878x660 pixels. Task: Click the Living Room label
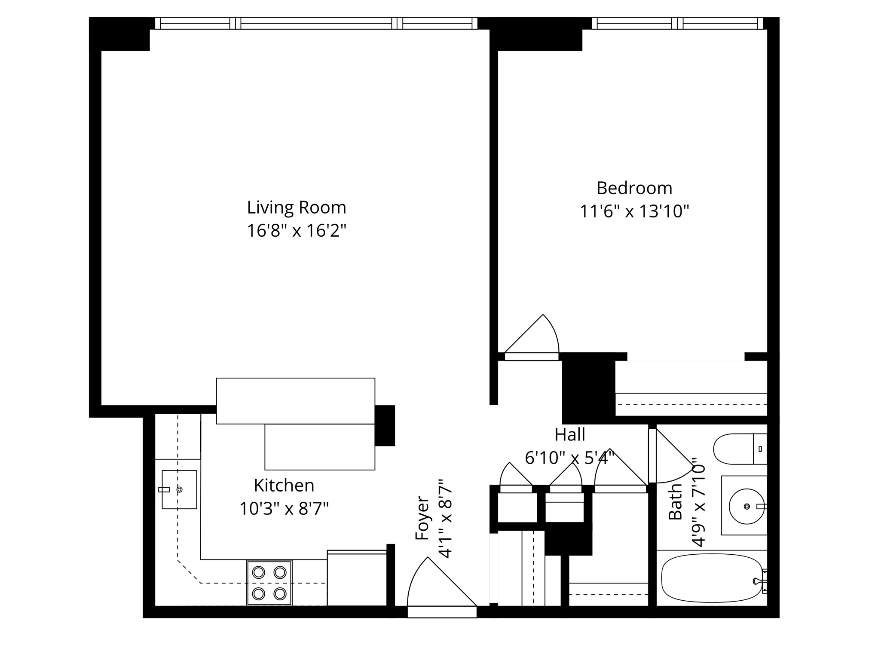click(x=296, y=208)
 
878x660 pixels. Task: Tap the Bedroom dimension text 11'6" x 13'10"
click(x=634, y=211)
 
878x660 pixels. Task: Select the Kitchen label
click(x=284, y=486)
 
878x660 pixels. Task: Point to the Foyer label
click(x=422, y=518)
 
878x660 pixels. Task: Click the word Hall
click(x=569, y=435)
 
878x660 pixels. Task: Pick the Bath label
click(x=676, y=501)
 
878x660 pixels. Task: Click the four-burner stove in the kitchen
click(x=269, y=583)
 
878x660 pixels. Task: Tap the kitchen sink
click(x=179, y=489)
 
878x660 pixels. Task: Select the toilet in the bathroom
click(x=739, y=449)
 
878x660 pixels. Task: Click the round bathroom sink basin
click(x=746, y=506)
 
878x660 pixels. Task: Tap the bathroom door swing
click(x=673, y=458)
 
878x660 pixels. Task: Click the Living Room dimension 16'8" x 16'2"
click(x=296, y=231)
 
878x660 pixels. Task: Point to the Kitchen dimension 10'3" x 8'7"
click(x=284, y=509)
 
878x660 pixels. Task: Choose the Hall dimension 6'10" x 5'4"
click(x=569, y=458)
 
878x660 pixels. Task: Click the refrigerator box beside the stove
click(x=357, y=578)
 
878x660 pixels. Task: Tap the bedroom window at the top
click(x=677, y=23)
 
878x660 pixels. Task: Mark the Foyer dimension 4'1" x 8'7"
click(x=446, y=518)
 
